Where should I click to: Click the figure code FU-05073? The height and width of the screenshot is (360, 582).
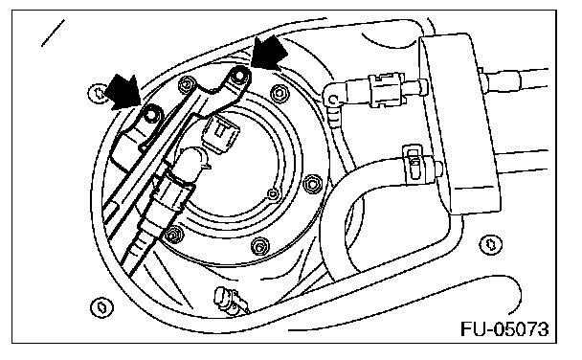(x=504, y=329)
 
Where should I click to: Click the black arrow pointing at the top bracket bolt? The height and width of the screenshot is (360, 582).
(x=268, y=53)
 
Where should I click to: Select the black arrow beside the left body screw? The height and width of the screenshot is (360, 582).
(x=122, y=92)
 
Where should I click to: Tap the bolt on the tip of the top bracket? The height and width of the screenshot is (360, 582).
(x=239, y=76)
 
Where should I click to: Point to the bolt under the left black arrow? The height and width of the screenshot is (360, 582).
(x=150, y=116)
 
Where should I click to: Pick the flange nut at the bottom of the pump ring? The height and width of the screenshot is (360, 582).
(x=259, y=246)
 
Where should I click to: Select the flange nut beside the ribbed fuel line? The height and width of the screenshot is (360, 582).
(x=171, y=235)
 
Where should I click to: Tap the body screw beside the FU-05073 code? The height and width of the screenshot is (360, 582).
(x=491, y=244)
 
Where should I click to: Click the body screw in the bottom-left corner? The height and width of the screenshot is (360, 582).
(x=101, y=307)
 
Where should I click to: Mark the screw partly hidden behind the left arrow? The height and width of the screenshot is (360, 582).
(x=98, y=93)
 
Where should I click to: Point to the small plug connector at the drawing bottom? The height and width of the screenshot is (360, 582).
(x=227, y=299)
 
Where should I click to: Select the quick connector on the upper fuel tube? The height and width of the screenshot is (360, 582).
(x=385, y=91)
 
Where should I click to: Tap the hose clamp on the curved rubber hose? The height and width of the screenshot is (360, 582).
(x=414, y=165)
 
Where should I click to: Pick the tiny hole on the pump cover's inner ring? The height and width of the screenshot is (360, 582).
(x=273, y=193)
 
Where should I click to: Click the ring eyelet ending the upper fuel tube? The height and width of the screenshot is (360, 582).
(x=333, y=98)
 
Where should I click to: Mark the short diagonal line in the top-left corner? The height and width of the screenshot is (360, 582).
(x=53, y=33)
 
